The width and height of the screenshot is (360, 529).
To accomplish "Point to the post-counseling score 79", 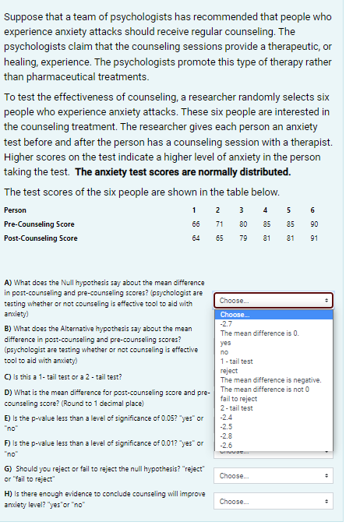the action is click(242, 238).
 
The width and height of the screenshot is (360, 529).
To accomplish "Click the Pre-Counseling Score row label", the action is click(40, 224).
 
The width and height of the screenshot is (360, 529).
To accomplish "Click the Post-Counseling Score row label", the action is click(41, 238).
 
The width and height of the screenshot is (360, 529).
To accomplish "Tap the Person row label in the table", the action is click(16, 210).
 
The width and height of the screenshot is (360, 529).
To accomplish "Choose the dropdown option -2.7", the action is click(227, 323).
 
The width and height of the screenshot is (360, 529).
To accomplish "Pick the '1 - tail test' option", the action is click(236, 361).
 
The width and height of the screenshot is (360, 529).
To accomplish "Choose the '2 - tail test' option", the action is click(236, 407).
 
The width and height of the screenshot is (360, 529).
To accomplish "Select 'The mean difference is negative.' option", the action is click(265, 379).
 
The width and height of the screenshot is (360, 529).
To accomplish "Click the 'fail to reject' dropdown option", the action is click(238, 398).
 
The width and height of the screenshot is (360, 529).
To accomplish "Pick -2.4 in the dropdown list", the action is click(227, 417).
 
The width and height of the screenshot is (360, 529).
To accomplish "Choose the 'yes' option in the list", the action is click(226, 342).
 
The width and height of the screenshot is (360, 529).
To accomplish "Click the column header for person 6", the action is click(312, 210).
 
